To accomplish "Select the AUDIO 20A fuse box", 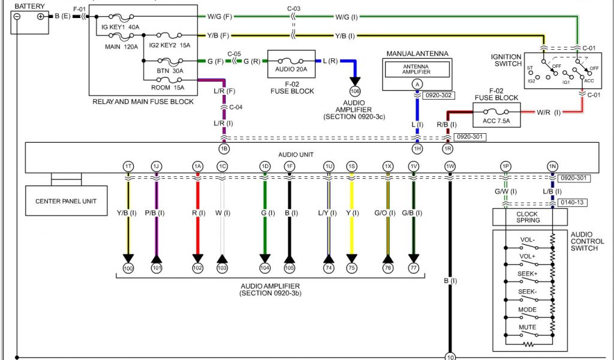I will (291, 64).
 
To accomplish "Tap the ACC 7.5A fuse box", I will (497, 115).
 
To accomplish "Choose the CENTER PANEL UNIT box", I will (65, 201).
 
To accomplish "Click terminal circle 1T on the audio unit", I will (128, 166).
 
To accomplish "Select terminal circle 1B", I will (224, 148).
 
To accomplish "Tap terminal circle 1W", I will (449, 166).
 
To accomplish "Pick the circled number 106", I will (355, 91).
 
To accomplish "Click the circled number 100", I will (128, 268).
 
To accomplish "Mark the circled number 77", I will (413, 268).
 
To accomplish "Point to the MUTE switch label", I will (528, 327).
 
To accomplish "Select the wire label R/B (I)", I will (446, 125).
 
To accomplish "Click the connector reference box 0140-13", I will (571, 203).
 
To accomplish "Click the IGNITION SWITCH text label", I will (506, 61).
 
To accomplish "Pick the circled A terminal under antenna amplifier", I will (417, 84).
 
